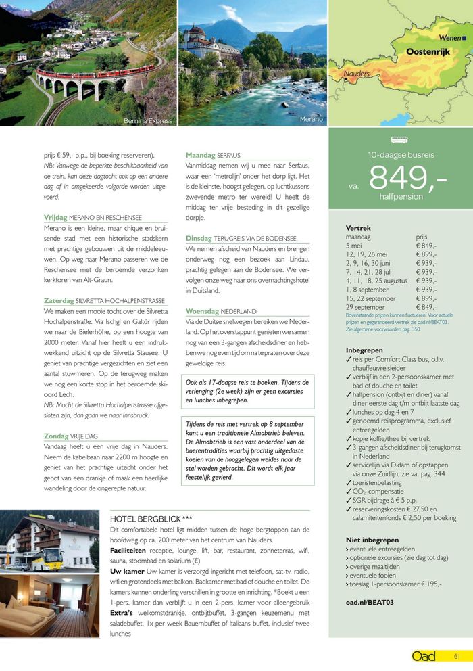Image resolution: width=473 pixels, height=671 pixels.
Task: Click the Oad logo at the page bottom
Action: pyautogui.click(x=424, y=655)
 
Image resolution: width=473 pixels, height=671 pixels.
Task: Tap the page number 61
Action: pyautogui.click(x=457, y=655)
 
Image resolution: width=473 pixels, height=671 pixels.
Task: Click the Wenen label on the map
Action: pyautogui.click(x=451, y=38)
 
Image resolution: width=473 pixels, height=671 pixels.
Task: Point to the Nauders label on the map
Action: pyautogui.click(x=356, y=73)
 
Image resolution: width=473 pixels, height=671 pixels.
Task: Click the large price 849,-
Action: pyautogui.click(x=407, y=179)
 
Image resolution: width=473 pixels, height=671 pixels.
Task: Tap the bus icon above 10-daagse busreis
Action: pyautogui.click(x=400, y=141)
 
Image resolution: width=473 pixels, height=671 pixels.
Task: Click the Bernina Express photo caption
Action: pyautogui.click(x=148, y=121)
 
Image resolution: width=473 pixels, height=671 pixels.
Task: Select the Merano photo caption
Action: pyautogui.click(x=311, y=119)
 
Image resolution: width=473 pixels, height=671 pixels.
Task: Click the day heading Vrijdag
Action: pyautogui.click(x=55, y=218)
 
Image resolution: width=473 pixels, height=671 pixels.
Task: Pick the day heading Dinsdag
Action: pyautogui.click(x=199, y=238)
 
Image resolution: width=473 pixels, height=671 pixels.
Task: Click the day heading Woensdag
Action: pyautogui.click(x=203, y=311)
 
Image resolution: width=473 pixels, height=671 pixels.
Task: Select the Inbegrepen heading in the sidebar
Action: pyautogui.click(x=364, y=350)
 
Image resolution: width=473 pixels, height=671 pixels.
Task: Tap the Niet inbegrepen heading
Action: pyautogui.click(x=371, y=540)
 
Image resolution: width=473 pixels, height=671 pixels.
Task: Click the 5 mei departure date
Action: pyautogui.click(x=355, y=246)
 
